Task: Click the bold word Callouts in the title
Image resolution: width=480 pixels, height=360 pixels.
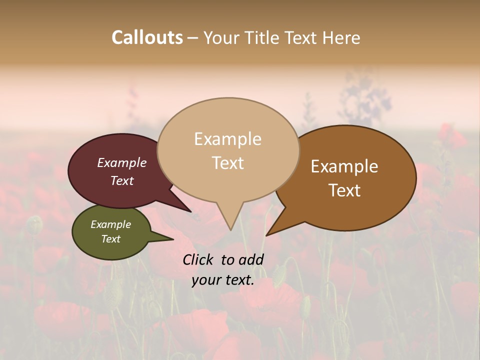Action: [147, 37]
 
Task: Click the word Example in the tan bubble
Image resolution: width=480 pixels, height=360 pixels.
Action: [227, 139]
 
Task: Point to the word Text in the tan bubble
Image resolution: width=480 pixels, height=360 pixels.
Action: [227, 163]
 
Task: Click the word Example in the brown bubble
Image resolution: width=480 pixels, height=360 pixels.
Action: [344, 166]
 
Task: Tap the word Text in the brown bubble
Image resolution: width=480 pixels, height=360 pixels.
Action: [344, 190]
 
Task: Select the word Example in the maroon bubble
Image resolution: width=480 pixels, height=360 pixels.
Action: [121, 163]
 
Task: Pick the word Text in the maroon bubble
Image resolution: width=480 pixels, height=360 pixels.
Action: [121, 181]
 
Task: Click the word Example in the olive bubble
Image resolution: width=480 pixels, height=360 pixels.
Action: [110, 224]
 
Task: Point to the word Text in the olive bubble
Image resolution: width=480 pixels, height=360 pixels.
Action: [110, 239]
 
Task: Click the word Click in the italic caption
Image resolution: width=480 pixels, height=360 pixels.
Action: [198, 259]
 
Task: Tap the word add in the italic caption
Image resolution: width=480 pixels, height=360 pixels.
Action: [251, 259]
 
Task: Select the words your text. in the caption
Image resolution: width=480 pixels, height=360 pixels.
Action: [223, 280]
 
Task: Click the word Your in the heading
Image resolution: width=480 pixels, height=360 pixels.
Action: [220, 37]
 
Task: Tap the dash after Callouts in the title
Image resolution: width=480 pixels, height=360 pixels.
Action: [193, 38]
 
